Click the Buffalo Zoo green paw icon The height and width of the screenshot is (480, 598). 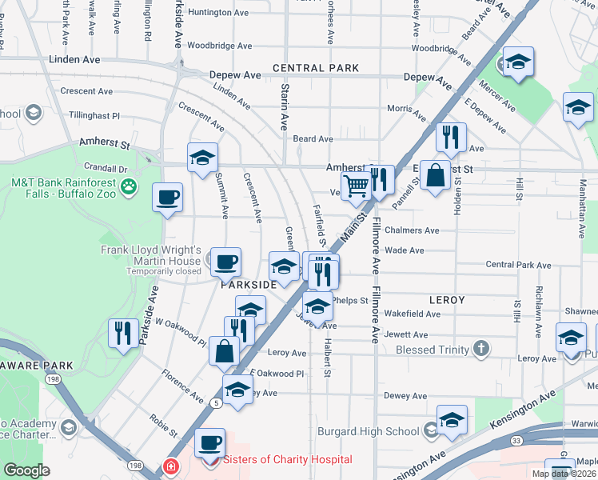click(128, 188)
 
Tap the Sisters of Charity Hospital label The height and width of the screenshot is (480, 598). click(287, 459)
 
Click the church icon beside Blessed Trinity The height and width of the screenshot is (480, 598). click(480, 349)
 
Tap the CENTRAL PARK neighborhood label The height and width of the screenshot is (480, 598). click(315, 68)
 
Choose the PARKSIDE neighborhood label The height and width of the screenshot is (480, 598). click(249, 284)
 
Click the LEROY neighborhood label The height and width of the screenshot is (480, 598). click(447, 300)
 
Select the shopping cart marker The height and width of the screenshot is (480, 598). click(356, 186)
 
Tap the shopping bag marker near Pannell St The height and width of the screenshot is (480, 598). click(434, 176)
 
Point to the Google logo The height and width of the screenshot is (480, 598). click(27, 470)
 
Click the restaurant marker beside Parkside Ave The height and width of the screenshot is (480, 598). click(123, 333)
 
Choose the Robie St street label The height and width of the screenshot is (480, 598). click(164, 425)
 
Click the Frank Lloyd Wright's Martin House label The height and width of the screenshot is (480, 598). click(150, 255)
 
